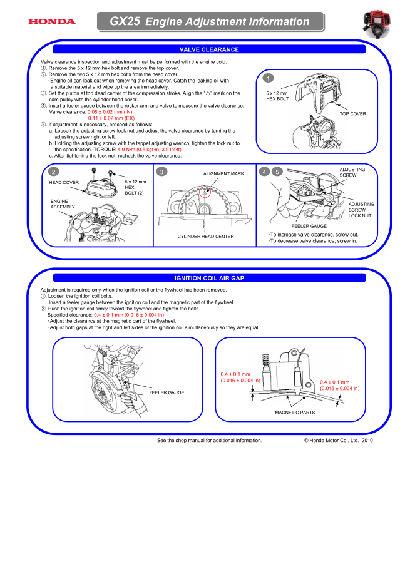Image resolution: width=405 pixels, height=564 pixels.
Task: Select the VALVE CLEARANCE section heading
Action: tap(209, 49)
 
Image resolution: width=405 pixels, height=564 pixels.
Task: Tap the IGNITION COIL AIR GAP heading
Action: tap(209, 277)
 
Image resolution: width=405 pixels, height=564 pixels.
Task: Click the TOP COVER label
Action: tap(353, 114)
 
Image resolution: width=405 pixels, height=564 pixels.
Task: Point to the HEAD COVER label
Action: tap(63, 182)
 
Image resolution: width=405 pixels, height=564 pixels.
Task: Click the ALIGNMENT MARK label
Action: tap(223, 173)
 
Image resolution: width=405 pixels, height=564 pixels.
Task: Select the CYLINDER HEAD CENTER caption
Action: tap(205, 237)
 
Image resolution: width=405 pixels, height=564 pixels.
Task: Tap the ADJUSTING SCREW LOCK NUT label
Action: tap(361, 210)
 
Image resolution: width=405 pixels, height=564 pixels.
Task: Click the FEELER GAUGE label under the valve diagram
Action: tap(309, 226)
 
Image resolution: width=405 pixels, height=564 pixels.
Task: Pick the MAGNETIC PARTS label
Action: tap(295, 413)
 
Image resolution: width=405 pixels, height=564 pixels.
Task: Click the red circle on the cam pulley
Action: tap(205, 193)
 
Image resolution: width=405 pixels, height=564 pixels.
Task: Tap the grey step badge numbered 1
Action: tap(269, 79)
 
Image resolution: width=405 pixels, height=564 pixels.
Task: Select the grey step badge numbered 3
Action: tap(163, 172)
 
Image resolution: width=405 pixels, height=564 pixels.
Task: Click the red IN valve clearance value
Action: tap(110, 112)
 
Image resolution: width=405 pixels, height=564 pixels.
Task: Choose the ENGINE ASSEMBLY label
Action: tap(63, 203)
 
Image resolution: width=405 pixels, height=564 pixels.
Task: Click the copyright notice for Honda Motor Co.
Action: tap(338, 440)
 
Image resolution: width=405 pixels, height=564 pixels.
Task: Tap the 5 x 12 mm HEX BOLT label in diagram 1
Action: tap(277, 96)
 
